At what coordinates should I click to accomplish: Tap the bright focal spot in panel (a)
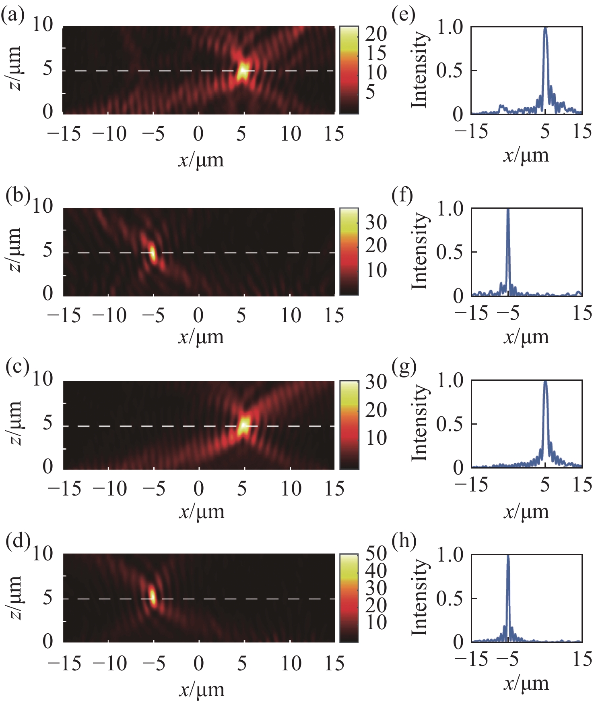pos(243,70)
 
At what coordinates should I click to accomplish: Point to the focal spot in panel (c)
pos(244,425)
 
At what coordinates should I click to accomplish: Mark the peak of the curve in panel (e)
pos(545,29)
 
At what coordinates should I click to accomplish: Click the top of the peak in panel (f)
pos(508,209)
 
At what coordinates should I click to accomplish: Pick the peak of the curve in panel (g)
pos(545,382)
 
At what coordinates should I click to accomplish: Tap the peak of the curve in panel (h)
pos(508,556)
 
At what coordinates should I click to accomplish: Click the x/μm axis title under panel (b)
pos(201,337)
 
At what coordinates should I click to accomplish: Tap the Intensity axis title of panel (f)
pos(419,251)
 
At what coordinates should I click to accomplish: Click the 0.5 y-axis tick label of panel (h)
pos(450,598)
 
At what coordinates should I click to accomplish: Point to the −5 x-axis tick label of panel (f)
pos(508,313)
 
